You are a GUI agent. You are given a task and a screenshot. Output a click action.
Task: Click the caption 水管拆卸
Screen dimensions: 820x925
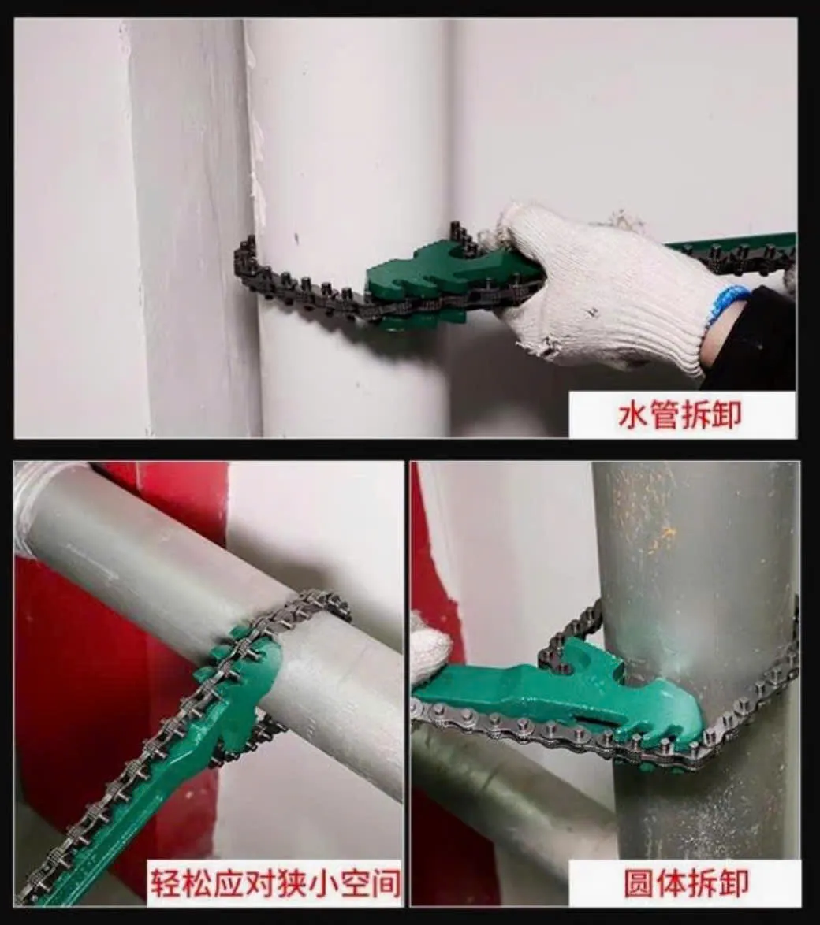click(x=680, y=414)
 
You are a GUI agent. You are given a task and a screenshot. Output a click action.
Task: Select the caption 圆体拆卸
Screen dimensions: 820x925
click(x=686, y=882)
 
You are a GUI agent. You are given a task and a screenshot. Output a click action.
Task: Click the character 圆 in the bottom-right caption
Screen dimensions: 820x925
click(x=639, y=882)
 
